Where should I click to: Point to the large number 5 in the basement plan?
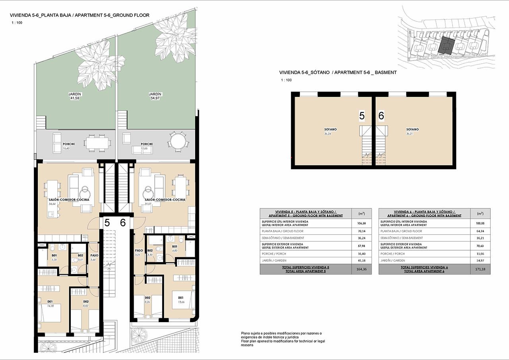coord(362,116)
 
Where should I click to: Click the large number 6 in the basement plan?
coord(381,116)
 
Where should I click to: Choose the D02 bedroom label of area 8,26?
coord(147,298)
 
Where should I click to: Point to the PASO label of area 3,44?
coord(94,255)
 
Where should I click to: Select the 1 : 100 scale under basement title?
coord(286,80)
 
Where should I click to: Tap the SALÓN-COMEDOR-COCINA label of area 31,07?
coord(165,200)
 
